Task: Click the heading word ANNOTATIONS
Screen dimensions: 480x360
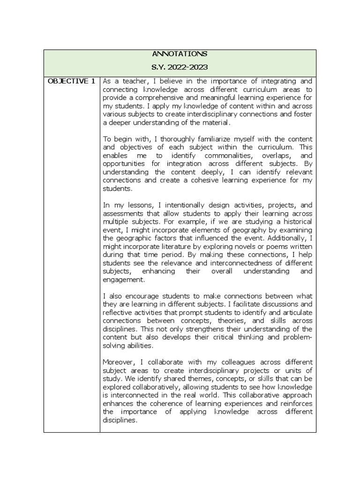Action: click(x=180, y=54)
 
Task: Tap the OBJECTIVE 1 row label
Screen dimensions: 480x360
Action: click(x=71, y=81)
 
